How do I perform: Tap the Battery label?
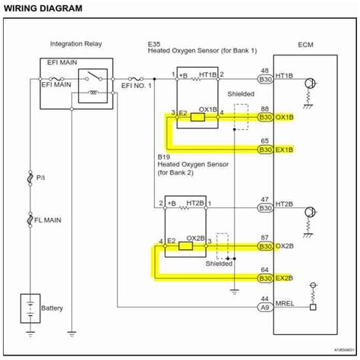52,308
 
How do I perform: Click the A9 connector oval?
265,308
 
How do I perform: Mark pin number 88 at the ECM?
265,109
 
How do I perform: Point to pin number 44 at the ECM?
265,299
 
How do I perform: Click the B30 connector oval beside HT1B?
265,78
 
